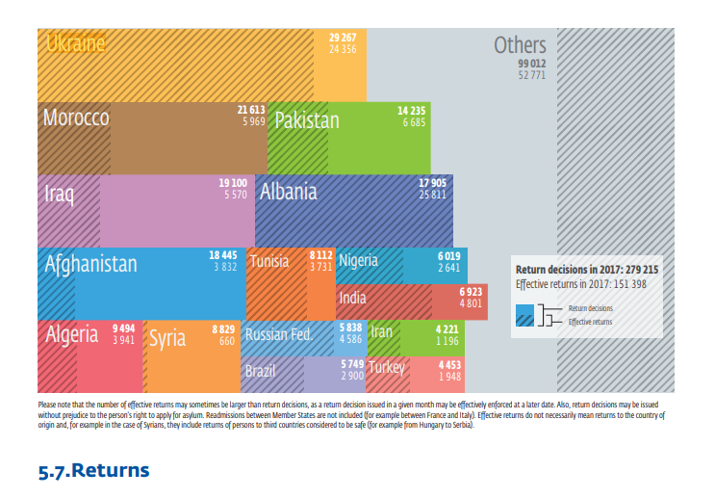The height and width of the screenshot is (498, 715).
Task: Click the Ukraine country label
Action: click(75, 44)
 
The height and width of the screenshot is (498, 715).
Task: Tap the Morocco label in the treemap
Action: click(76, 118)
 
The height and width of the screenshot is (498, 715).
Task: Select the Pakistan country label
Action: click(307, 120)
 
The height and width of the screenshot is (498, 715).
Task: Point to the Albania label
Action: click(288, 191)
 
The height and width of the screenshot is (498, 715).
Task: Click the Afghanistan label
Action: click(91, 263)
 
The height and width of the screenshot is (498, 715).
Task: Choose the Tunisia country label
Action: click(269, 261)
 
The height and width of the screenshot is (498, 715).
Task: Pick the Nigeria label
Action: click(358, 260)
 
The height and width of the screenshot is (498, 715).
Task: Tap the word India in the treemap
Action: click(352, 299)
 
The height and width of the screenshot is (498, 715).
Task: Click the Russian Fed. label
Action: click(277, 335)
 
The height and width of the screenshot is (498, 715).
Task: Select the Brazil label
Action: click(261, 371)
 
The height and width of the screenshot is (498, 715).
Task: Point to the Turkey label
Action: click(387, 368)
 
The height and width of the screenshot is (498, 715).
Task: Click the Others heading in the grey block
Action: click(520, 44)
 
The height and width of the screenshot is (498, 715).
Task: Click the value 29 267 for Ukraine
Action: click(343, 38)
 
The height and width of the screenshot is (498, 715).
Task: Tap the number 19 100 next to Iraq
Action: click(233, 182)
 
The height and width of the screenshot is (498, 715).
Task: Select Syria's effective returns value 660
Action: click(227, 341)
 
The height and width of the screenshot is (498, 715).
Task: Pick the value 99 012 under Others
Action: click(532, 63)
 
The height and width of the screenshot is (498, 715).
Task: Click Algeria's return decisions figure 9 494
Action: click(123, 328)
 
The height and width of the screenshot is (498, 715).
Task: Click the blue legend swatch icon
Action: click(524, 315)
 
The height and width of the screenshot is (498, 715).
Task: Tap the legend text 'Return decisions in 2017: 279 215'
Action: click(587, 271)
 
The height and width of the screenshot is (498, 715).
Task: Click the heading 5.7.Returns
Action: click(93, 471)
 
